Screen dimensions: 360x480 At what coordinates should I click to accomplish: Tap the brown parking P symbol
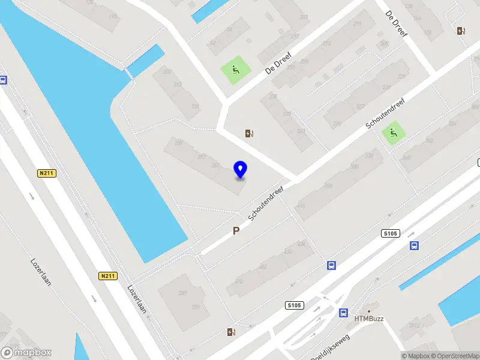[x=236, y=230]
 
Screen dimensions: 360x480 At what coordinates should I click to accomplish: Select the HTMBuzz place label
[x=368, y=318]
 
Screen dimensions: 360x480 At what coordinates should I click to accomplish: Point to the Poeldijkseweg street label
[x=331, y=346]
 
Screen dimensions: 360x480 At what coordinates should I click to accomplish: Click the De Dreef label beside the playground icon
[x=277, y=61]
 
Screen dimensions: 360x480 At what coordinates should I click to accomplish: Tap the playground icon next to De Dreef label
[x=235, y=70]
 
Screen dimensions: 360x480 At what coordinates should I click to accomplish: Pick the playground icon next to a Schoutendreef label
[x=393, y=133]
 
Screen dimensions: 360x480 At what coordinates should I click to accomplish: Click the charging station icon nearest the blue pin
[x=249, y=133]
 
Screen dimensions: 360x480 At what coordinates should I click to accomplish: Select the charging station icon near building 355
[x=231, y=332]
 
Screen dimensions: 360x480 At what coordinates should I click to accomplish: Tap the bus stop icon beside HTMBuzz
[x=343, y=313]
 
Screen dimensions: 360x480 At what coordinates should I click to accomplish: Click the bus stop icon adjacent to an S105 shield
[x=414, y=245]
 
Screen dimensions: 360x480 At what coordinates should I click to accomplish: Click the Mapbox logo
[x=26, y=353]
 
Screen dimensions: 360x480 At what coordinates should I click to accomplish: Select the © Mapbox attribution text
[x=413, y=356]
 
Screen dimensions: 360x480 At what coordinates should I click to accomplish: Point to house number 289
[x=182, y=293]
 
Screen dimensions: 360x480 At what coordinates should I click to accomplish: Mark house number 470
[x=239, y=281]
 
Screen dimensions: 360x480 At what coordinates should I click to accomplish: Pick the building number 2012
[x=415, y=325]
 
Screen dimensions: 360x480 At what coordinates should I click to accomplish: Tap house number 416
[x=300, y=206]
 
